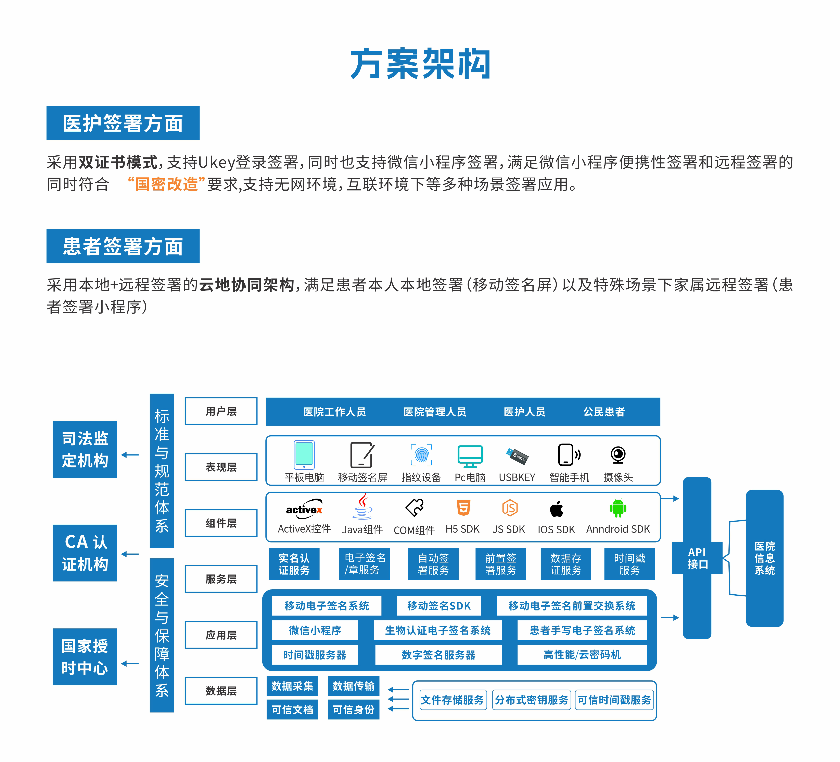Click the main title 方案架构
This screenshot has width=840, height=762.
coord(420,64)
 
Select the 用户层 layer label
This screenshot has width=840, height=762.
coord(221,411)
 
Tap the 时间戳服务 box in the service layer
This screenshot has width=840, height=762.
coord(629,564)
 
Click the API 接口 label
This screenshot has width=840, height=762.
coord(697,558)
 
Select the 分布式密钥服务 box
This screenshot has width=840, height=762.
coord(531,700)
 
